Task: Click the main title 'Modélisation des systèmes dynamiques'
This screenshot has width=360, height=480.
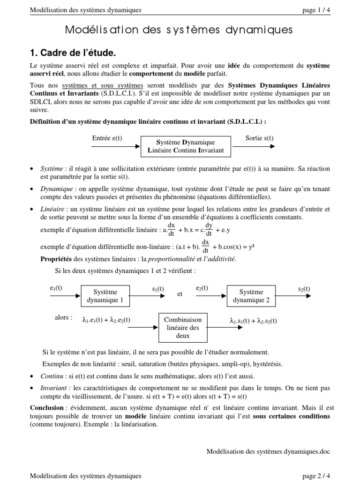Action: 180,30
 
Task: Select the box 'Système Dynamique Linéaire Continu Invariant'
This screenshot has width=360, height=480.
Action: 186,146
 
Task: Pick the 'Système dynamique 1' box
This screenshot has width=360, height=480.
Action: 105,296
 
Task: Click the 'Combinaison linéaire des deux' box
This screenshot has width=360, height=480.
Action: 182,327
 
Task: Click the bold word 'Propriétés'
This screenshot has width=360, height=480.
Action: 56,259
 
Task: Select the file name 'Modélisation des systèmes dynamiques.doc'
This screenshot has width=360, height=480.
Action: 268,451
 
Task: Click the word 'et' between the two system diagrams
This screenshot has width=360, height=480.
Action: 180,294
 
